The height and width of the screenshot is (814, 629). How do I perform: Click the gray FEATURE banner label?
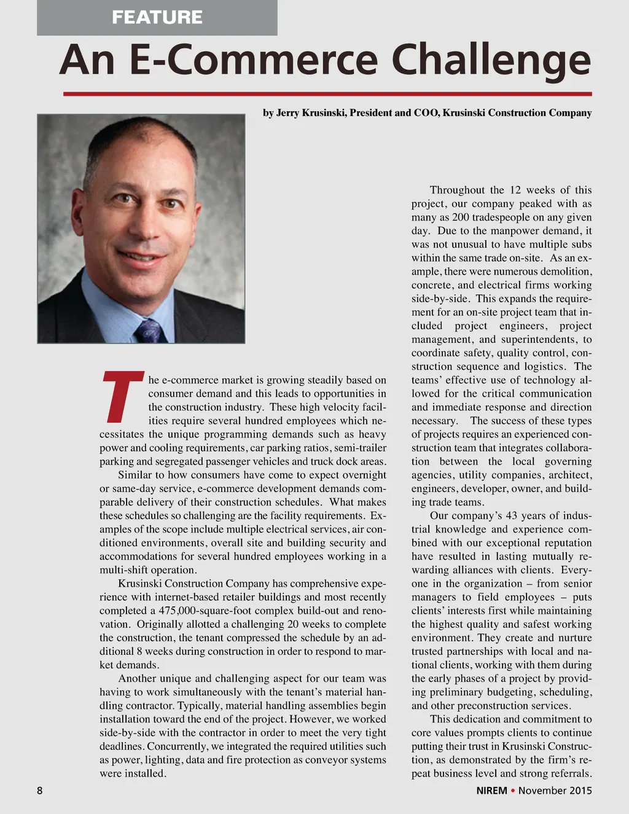(x=157, y=17)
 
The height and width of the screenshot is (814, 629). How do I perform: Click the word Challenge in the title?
(x=491, y=60)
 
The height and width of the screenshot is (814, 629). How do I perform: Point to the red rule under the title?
(x=327, y=94)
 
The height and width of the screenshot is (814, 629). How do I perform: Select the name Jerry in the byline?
(x=287, y=113)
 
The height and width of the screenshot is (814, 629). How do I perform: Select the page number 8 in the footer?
(x=40, y=791)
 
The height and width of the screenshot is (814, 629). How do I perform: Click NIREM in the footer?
(x=491, y=791)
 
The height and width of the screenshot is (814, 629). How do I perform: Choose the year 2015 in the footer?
(x=580, y=791)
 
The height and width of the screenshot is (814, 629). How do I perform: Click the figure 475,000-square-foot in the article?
(x=206, y=611)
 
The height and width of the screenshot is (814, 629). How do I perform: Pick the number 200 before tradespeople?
(x=461, y=217)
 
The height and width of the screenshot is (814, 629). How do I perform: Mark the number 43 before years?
(x=511, y=516)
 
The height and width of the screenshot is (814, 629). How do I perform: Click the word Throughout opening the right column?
(x=457, y=190)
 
